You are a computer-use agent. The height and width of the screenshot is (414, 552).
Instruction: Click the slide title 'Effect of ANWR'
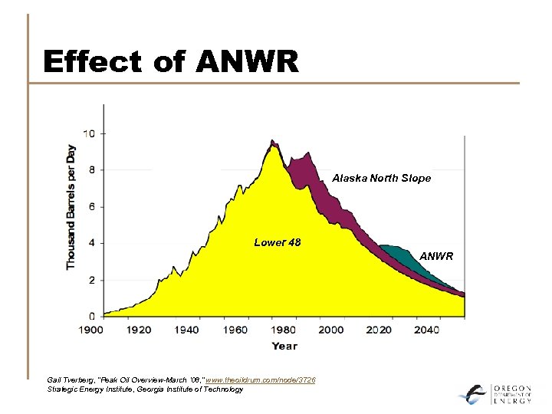[171, 61]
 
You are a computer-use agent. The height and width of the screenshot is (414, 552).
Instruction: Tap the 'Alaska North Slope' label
[381, 178]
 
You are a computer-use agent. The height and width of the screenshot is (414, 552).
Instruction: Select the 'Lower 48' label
[277, 242]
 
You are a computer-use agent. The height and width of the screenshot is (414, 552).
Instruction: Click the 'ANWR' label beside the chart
[436, 256]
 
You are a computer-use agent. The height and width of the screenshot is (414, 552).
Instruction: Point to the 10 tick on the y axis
[90, 133]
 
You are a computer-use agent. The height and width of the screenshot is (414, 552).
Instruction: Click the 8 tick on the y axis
[92, 169]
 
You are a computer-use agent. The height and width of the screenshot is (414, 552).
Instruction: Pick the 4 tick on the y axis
[92, 243]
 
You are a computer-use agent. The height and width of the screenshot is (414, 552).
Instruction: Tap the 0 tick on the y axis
[92, 316]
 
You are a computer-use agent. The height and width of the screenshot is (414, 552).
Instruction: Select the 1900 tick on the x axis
[91, 330]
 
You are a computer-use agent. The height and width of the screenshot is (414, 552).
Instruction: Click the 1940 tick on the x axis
[186, 330]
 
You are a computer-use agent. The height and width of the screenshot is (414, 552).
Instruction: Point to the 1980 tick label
[283, 330]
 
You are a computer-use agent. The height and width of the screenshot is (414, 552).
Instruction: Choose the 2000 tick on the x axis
[331, 330]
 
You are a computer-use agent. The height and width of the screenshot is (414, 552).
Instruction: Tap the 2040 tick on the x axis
[427, 330]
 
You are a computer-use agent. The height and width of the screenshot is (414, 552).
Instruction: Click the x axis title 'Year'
[284, 346]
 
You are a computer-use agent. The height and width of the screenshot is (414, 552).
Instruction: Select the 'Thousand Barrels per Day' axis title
[71, 207]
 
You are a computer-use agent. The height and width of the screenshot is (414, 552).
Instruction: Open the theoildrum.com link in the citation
[261, 379]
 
